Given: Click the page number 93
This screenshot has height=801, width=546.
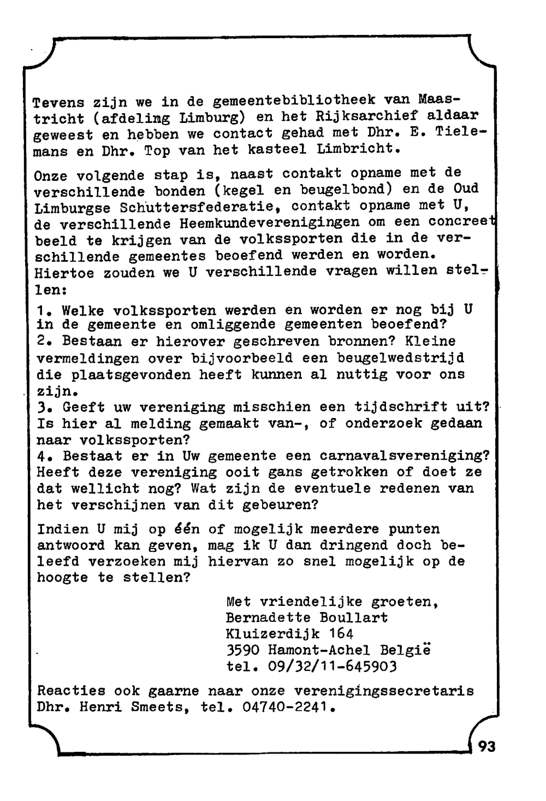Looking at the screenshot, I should tap(487, 746).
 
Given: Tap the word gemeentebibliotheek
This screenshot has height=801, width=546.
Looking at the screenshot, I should tap(294, 101).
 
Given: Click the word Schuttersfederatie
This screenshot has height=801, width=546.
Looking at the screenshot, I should tap(196, 208).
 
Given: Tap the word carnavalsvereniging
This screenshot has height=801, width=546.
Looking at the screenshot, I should tap(405, 456).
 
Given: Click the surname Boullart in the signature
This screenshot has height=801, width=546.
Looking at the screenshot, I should tap(354, 617).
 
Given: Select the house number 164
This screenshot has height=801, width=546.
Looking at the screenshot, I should tap(341, 634).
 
